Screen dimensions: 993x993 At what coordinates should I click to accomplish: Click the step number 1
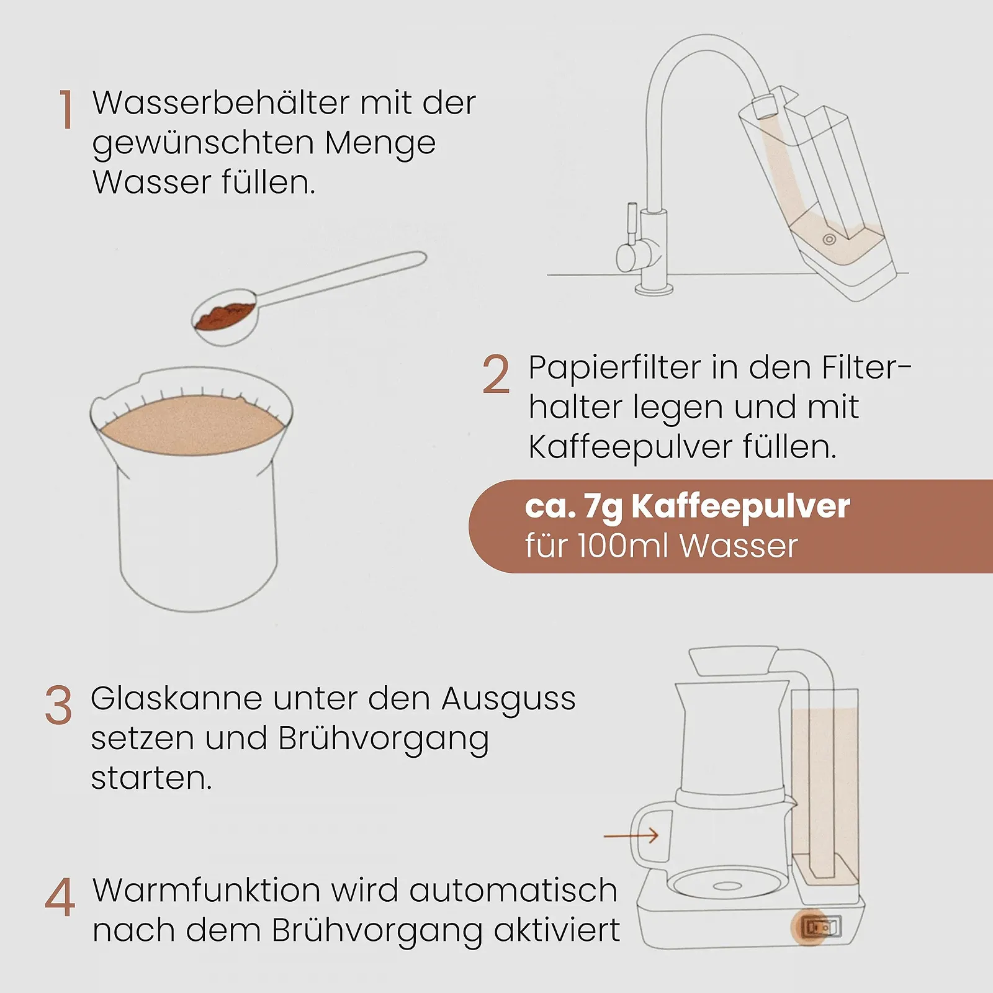[x=66, y=109]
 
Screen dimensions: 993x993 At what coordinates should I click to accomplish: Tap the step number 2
[x=496, y=374]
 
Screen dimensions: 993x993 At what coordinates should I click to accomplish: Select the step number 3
[x=58, y=705]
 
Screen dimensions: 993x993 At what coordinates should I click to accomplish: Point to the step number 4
[x=60, y=897]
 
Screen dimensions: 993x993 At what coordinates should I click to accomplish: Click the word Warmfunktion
[x=206, y=890]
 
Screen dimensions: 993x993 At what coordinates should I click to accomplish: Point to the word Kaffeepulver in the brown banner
[x=740, y=507]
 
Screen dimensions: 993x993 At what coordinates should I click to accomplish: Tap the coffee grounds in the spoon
[x=225, y=314]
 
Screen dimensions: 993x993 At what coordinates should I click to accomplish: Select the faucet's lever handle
[x=632, y=223]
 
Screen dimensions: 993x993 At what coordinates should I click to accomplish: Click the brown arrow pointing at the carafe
[x=631, y=836]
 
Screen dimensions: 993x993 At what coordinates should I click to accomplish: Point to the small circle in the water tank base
[x=829, y=240]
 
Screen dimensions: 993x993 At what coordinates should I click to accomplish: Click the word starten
[x=151, y=778]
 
